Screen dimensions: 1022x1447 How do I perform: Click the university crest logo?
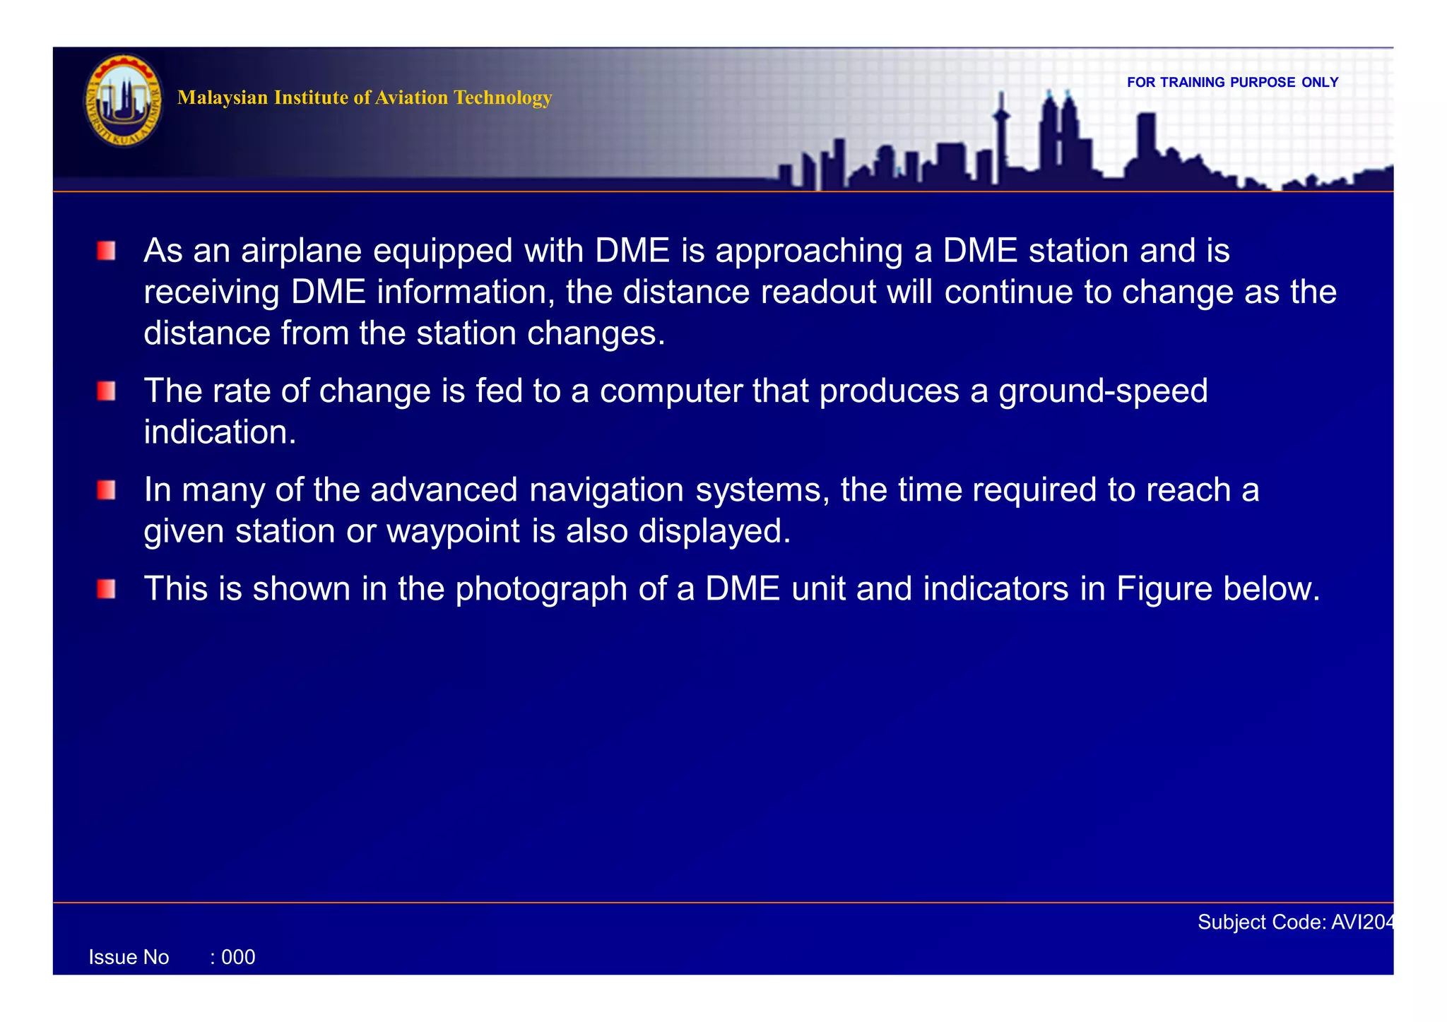click(x=124, y=100)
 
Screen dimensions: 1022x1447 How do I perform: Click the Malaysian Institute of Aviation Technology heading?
click(x=365, y=97)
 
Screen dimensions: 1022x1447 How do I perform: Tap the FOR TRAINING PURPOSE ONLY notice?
click(x=1232, y=83)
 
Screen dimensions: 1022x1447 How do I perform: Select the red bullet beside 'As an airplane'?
click(x=107, y=251)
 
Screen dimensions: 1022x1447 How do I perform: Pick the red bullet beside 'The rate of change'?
click(x=107, y=391)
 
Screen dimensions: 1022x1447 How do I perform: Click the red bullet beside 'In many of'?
click(x=107, y=490)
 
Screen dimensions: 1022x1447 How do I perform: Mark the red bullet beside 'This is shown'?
click(x=107, y=589)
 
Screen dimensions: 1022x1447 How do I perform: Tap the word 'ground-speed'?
click(x=1103, y=391)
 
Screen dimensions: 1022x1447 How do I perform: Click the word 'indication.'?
click(x=220, y=432)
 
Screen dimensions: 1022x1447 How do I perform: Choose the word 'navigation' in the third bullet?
click(x=606, y=490)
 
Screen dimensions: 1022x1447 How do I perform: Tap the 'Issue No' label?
click(x=129, y=958)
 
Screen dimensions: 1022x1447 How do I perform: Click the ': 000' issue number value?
click(x=233, y=958)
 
